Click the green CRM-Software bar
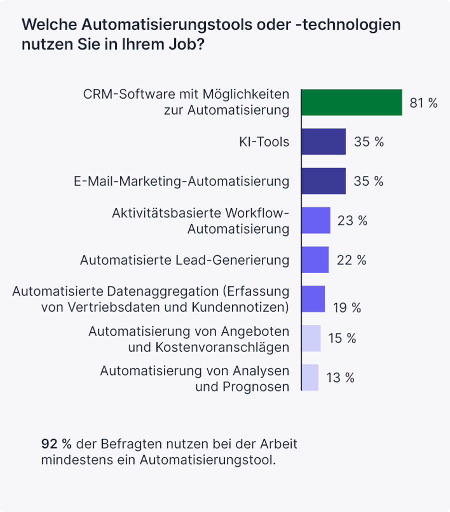(352, 102)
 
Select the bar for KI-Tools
(324, 141)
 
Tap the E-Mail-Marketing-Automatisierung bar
(324, 181)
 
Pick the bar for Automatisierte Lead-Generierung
(315, 259)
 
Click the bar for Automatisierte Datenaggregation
(313, 299)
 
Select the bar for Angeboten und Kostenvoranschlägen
(311, 338)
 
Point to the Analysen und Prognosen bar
(310, 377)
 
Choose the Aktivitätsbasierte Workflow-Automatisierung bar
(316, 220)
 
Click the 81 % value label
(424, 103)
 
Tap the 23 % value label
(353, 220)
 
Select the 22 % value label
(352, 260)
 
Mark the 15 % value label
(342, 338)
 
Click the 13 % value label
(340, 378)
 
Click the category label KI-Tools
(264, 142)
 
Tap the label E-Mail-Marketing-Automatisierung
(181, 181)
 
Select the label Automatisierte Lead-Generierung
(185, 260)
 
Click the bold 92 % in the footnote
(56, 444)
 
